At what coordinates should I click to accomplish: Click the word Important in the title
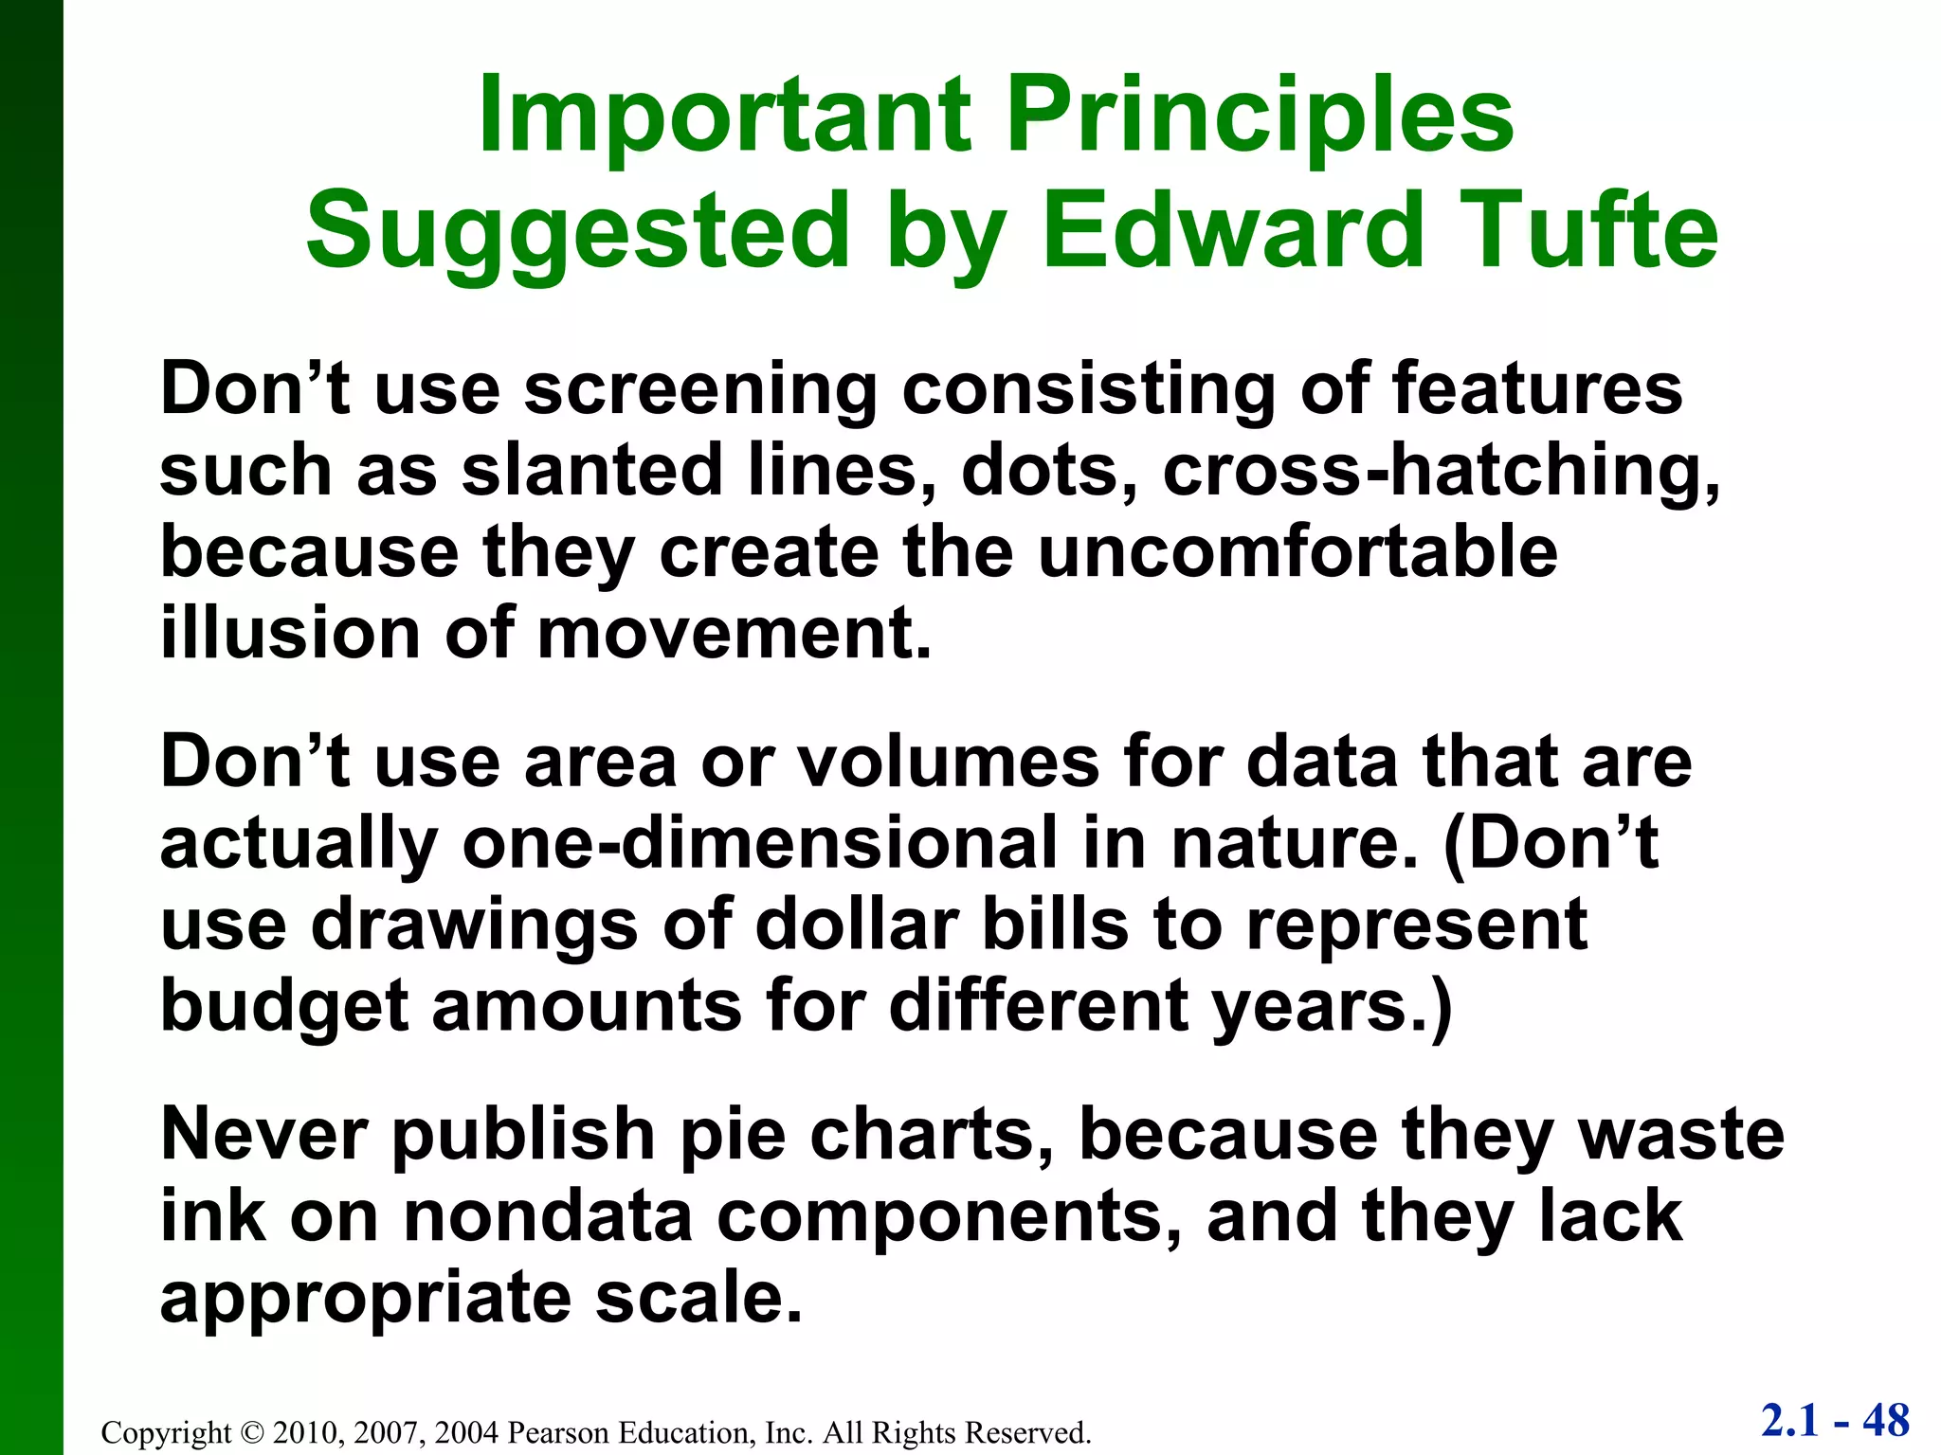tap(725, 116)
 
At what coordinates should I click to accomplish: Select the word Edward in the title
tap(1232, 231)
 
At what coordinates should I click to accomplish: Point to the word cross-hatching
tap(1441, 472)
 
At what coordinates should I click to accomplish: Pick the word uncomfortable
tap(1297, 552)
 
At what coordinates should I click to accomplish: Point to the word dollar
tap(857, 925)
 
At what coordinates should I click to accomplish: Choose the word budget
tap(284, 1006)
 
